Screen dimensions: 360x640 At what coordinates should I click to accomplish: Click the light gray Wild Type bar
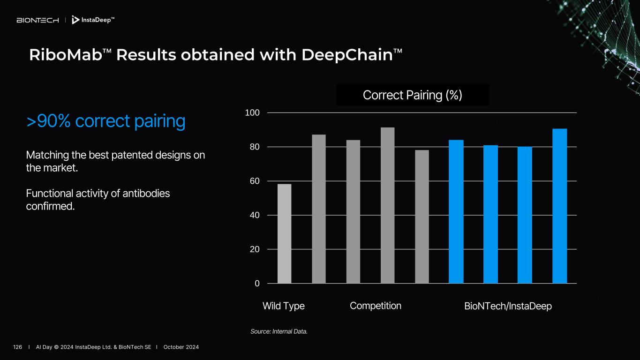[284, 233]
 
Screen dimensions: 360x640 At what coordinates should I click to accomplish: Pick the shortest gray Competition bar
[422, 217]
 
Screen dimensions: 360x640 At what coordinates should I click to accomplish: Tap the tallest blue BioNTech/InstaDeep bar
[559, 206]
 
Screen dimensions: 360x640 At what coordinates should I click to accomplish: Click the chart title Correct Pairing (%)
[412, 95]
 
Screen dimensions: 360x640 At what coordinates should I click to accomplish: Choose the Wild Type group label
[283, 306]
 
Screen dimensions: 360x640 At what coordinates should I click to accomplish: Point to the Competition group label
[375, 306]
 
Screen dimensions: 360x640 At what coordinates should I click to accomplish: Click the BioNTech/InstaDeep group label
[508, 307]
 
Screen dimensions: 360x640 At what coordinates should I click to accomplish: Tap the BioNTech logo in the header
[38, 20]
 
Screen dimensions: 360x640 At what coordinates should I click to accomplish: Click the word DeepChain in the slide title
[346, 55]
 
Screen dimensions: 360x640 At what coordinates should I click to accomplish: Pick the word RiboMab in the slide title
[66, 55]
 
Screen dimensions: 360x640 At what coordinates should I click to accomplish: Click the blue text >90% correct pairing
[105, 121]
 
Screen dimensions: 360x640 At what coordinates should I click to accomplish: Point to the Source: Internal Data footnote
[279, 331]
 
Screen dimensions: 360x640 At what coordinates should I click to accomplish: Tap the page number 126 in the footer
[17, 347]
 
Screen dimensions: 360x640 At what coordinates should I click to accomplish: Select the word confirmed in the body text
[50, 206]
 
